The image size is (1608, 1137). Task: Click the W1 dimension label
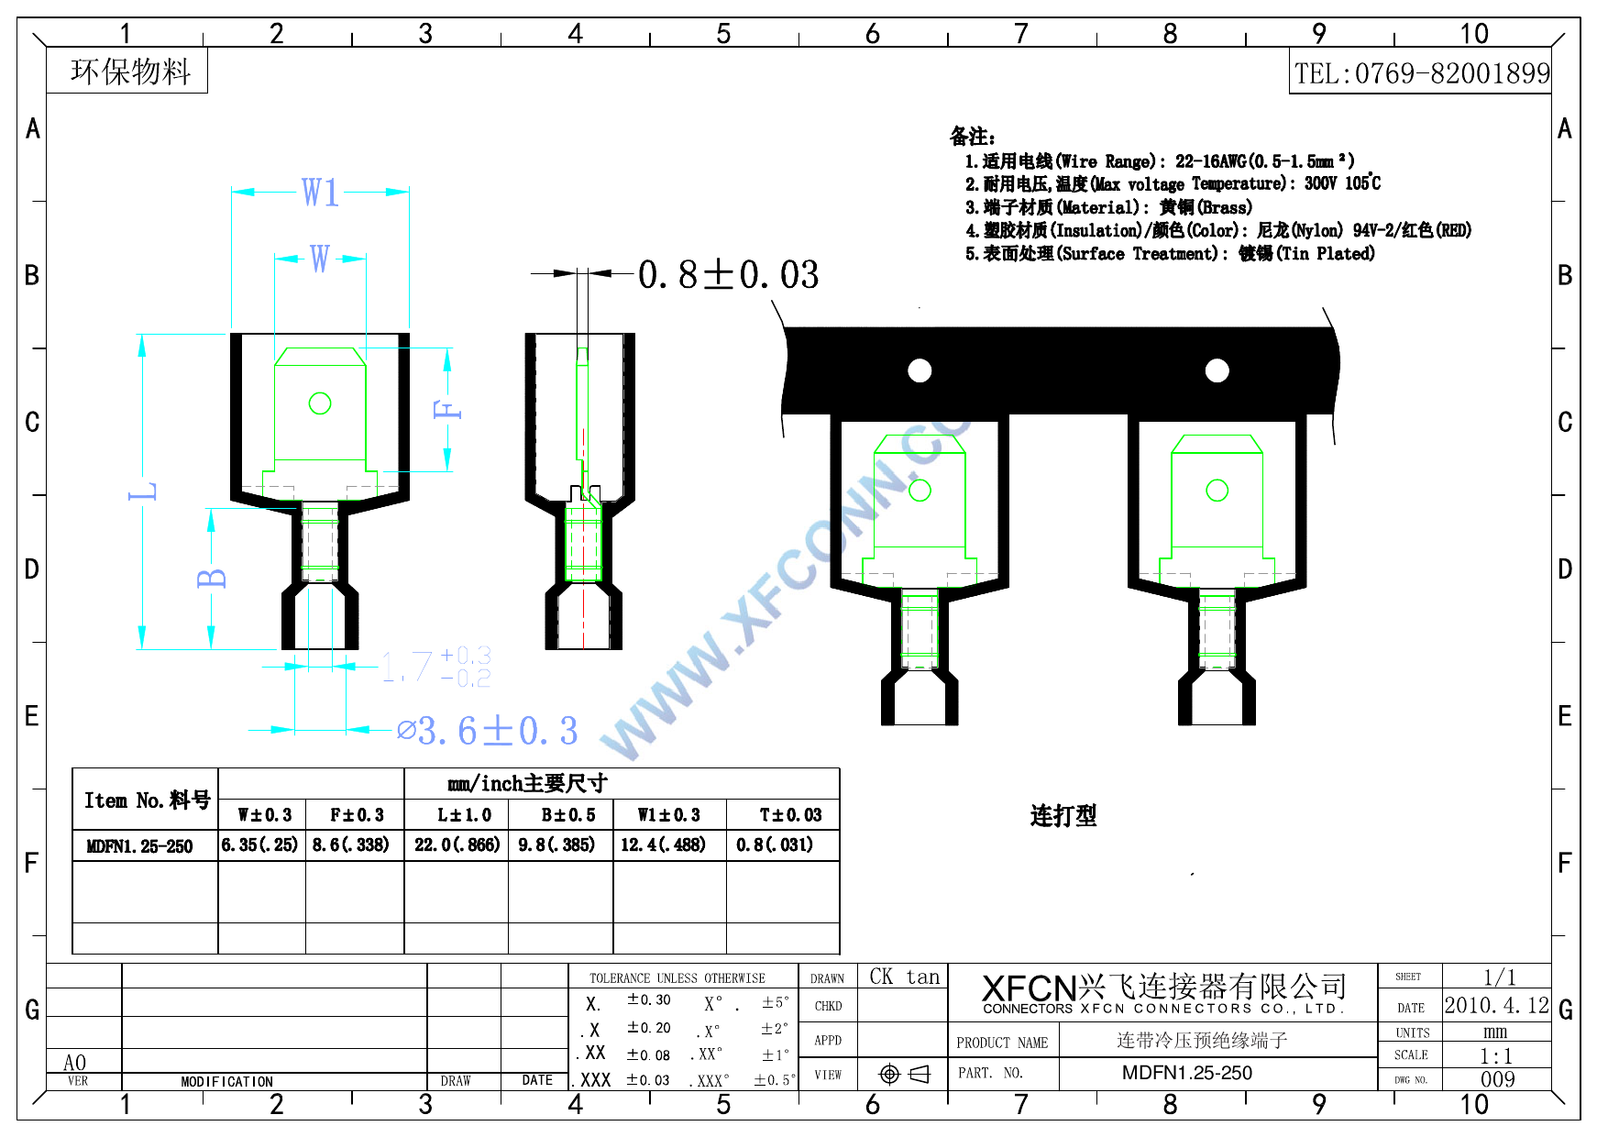pyautogui.click(x=320, y=193)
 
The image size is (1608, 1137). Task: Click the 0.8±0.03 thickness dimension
pyautogui.click(x=728, y=274)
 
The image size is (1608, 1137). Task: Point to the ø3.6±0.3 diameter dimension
pyautogui.click(x=488, y=731)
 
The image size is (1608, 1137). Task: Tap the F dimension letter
pyautogui.click(x=447, y=409)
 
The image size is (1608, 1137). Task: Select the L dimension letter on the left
pyautogui.click(x=143, y=491)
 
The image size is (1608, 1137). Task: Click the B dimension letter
pyautogui.click(x=211, y=578)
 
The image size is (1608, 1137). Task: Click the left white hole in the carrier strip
pyautogui.click(x=920, y=370)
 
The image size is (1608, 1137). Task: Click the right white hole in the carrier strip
pyautogui.click(x=1217, y=370)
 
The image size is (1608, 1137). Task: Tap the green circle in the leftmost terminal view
pyautogui.click(x=320, y=403)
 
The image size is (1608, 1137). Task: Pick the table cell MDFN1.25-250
pyautogui.click(x=139, y=845)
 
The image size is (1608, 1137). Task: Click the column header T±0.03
pyautogui.click(x=790, y=814)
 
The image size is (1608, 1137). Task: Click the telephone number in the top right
pyautogui.click(x=1421, y=73)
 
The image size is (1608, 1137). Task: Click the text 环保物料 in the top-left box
pyautogui.click(x=130, y=71)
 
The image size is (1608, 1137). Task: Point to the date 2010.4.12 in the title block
pyautogui.click(x=1496, y=1005)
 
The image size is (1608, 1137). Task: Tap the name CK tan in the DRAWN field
pyautogui.click(x=904, y=977)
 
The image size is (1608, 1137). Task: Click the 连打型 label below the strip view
pyautogui.click(x=1063, y=815)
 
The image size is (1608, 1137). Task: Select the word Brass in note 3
pyautogui.click(x=1225, y=207)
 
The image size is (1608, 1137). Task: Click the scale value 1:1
pyautogui.click(x=1496, y=1055)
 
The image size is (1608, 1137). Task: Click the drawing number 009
pyautogui.click(x=1497, y=1079)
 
